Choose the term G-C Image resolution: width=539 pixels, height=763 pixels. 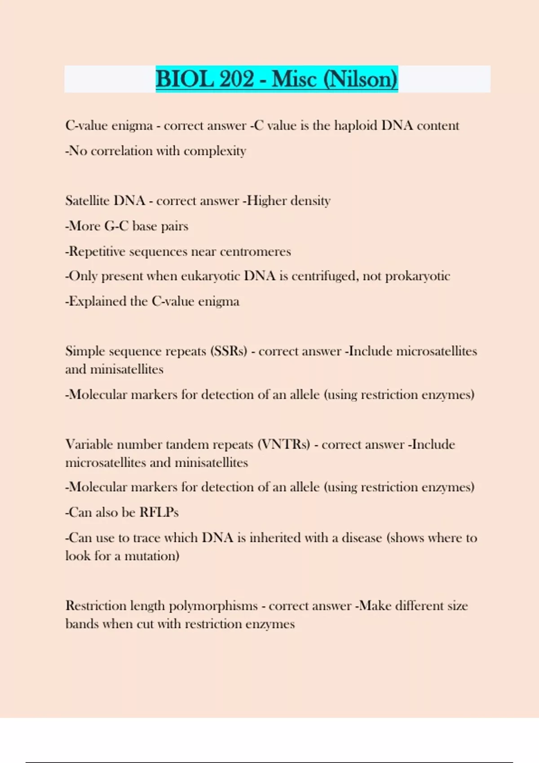[x=116, y=226]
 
